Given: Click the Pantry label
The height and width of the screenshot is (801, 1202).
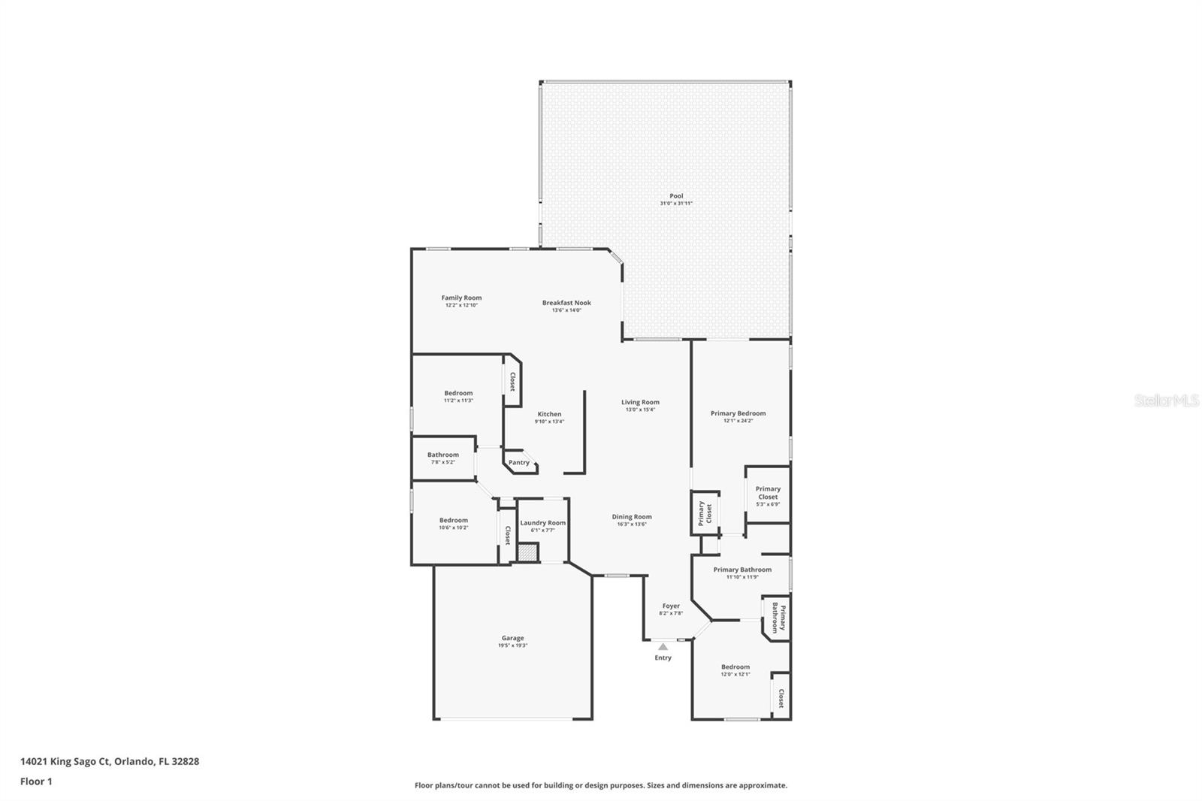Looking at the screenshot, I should pos(519,463).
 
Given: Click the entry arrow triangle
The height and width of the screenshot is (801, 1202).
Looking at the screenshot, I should pos(663,646).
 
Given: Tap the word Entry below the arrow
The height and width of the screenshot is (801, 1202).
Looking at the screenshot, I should pos(663,658).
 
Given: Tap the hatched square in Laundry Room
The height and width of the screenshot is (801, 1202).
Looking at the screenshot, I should pos(528,552).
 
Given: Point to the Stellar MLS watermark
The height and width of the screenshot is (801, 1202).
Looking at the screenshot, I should pos(1166,401).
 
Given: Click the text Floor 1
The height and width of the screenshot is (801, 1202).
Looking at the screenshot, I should pos(36,781).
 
